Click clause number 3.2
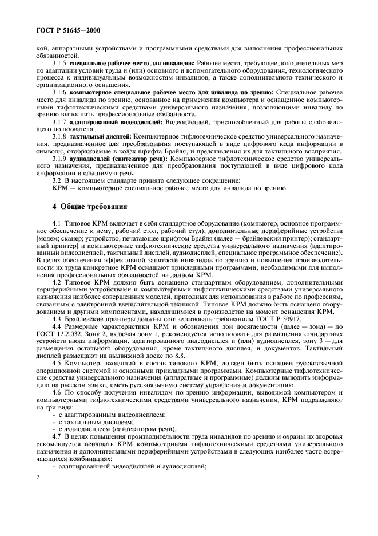[56, 180]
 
